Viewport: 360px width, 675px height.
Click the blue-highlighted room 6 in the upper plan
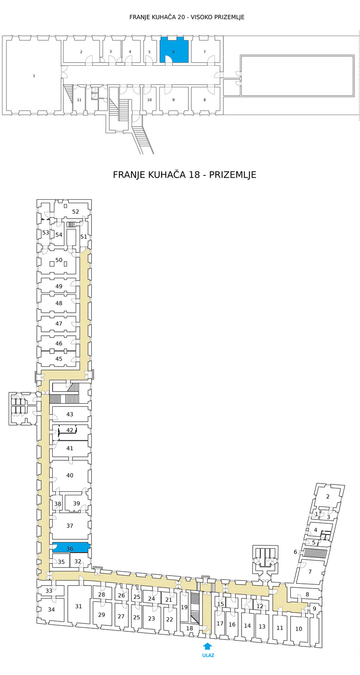coord(174,50)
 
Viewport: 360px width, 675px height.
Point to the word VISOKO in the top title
coord(201,17)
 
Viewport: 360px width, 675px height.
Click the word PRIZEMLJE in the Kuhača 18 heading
coord(233,175)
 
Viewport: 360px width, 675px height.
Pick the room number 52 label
coord(75,212)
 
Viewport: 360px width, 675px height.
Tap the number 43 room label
coord(70,414)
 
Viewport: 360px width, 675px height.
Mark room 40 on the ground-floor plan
coord(70,476)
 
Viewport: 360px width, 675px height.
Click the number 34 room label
coord(51,609)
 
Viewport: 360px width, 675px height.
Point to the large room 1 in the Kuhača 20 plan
coord(34,76)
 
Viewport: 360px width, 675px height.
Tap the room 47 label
coord(59,323)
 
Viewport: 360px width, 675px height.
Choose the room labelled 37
coord(70,525)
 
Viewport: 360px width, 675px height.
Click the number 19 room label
coord(184,607)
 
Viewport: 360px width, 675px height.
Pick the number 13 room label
coord(262,627)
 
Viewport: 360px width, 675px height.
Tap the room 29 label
coord(102,615)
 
